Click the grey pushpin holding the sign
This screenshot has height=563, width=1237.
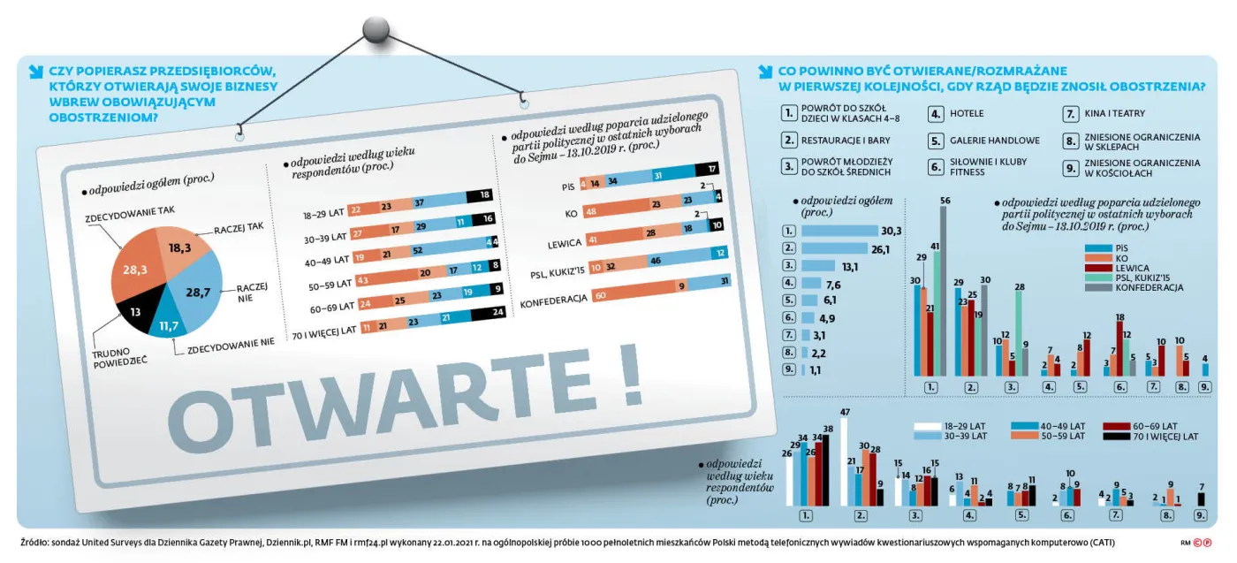pyautogui.click(x=376, y=30)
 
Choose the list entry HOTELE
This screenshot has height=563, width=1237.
pyautogui.click(x=967, y=113)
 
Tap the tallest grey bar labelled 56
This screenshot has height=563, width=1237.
pyautogui.click(x=945, y=293)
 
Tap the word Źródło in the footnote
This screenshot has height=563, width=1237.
pyautogui.click(x=34, y=542)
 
